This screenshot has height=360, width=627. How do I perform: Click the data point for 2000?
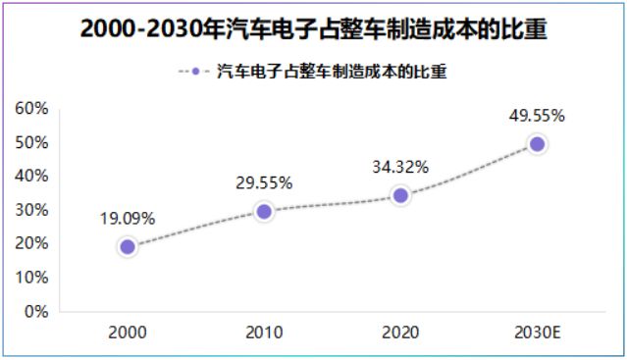[128, 246]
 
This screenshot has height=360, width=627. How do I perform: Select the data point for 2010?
[264, 211]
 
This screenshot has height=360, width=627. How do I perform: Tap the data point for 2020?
[400, 195]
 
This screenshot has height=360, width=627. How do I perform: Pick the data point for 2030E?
[537, 144]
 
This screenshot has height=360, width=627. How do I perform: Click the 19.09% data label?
[128, 219]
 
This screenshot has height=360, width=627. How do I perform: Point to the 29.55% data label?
[264, 182]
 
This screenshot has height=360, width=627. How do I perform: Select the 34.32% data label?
[400, 167]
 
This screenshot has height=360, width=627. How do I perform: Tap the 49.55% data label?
[537, 116]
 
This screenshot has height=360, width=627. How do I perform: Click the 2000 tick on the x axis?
[128, 333]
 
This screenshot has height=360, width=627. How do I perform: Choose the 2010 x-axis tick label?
[264, 333]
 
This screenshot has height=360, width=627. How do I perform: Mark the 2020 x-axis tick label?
[400, 333]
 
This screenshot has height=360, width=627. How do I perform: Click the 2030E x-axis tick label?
[537, 333]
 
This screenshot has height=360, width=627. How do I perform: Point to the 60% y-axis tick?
[32, 108]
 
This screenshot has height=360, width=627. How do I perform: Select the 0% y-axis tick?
[36, 311]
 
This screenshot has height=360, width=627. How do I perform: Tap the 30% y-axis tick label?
[32, 210]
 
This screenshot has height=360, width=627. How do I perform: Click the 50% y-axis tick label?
[32, 142]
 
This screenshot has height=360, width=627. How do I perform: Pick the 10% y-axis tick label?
[32, 278]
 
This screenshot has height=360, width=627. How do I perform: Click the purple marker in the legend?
[195, 72]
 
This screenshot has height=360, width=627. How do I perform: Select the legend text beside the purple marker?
[331, 72]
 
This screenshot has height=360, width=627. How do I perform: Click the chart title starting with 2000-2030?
[313, 29]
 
